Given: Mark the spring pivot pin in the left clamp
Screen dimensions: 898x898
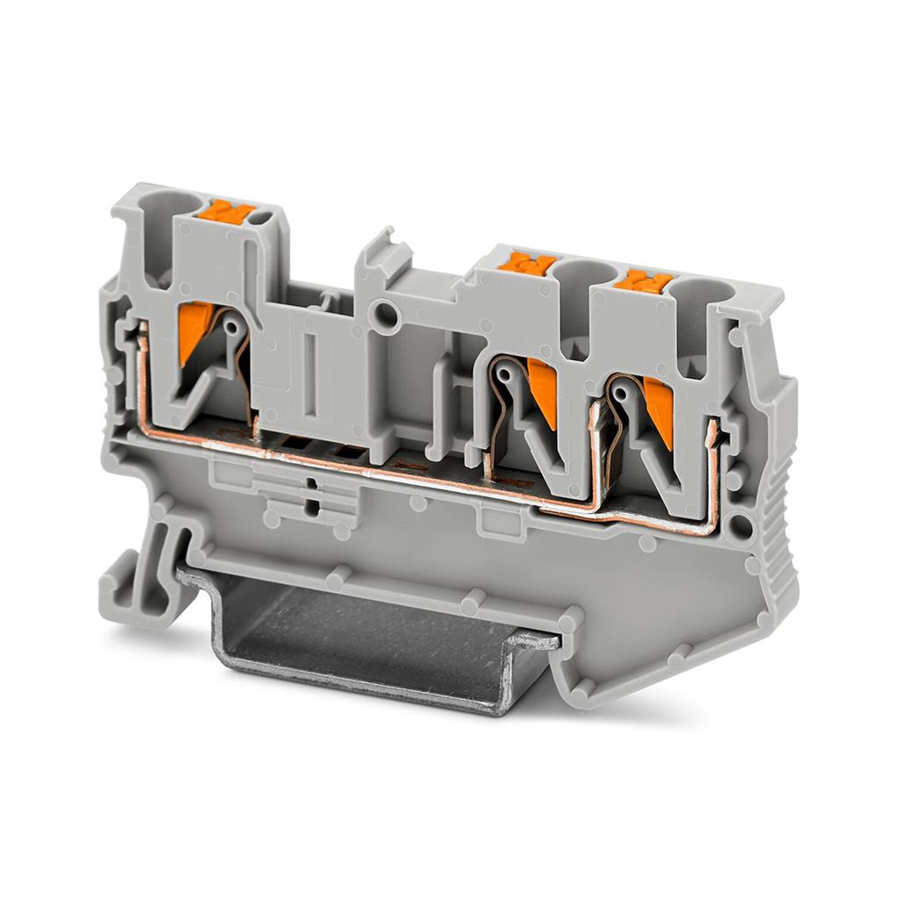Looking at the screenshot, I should click(x=232, y=326).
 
